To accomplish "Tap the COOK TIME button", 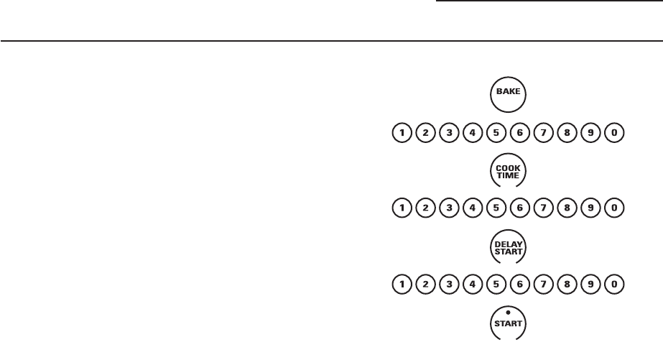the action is (x=509, y=170).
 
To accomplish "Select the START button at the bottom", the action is (x=509, y=324).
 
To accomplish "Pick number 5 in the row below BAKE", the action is (x=496, y=132).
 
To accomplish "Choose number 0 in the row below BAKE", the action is (x=614, y=132).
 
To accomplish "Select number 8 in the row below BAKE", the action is (x=567, y=132).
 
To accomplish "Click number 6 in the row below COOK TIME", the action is (x=519, y=209).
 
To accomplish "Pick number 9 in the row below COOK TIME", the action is (x=590, y=209).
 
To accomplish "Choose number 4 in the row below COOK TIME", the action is (x=472, y=209).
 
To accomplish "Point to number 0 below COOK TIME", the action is (x=614, y=209).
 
